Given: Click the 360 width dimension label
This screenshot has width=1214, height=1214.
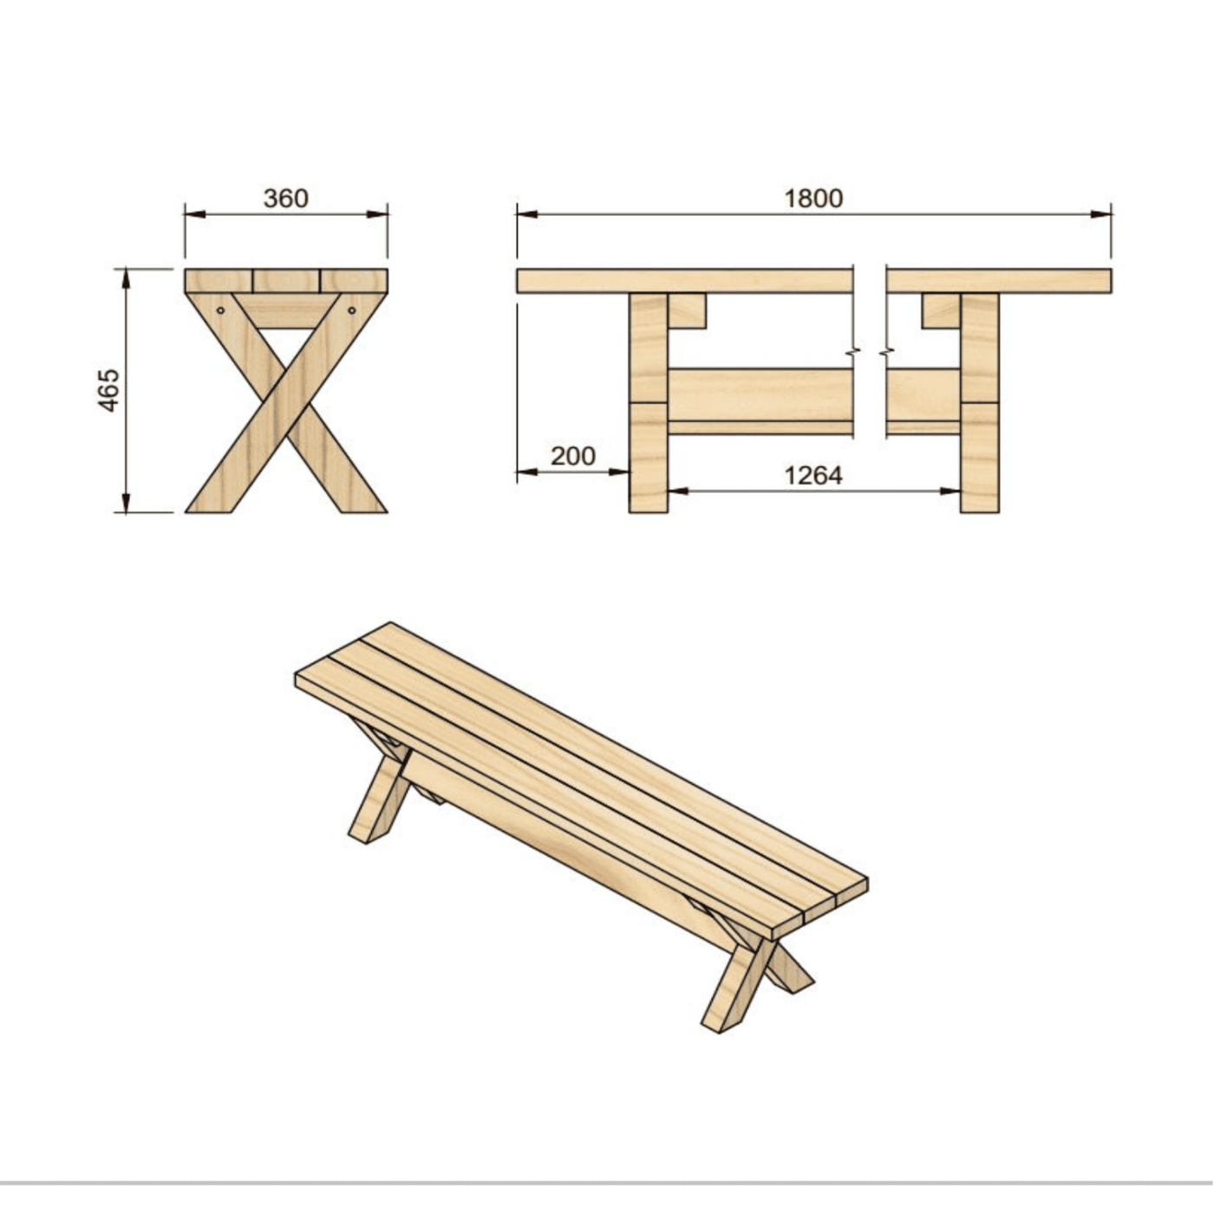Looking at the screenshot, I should (x=285, y=199).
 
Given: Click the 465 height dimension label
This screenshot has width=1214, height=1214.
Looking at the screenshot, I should (x=108, y=390).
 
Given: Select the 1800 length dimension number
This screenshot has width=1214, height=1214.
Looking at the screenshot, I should (x=813, y=199).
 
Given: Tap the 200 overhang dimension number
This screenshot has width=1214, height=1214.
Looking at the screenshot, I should (x=573, y=456).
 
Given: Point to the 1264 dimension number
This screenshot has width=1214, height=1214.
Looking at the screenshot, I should (x=813, y=475).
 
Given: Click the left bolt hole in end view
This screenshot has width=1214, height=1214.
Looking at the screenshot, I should (x=220, y=310).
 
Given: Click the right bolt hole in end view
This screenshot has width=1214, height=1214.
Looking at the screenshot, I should (x=352, y=310).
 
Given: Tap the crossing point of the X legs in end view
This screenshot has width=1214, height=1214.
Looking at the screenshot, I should (x=286, y=401).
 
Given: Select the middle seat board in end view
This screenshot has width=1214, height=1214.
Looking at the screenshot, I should (x=286, y=281).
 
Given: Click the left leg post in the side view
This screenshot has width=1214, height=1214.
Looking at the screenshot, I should (x=648, y=403).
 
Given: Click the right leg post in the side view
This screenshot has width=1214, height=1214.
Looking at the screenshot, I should (x=980, y=403).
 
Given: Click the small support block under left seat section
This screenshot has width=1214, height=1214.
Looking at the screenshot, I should (x=687, y=310).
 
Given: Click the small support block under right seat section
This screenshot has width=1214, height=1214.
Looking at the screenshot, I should (x=941, y=310).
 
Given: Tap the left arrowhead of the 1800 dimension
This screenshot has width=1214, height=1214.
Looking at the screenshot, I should (x=524, y=214).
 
